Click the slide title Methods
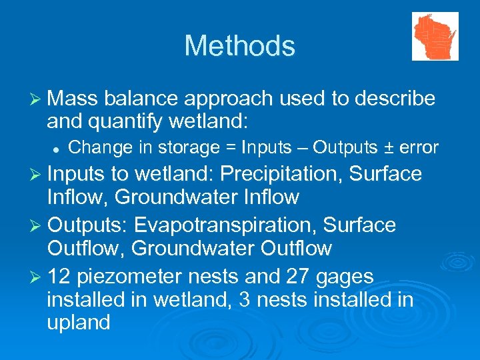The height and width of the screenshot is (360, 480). point(239,46)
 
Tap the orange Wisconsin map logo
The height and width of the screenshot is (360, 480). point(435,36)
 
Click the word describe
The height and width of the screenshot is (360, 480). point(395,99)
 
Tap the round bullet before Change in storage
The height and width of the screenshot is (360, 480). point(59,148)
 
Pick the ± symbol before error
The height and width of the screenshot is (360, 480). point(386,147)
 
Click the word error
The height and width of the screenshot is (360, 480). point(419,147)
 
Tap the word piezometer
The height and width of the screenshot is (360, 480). point(134,277)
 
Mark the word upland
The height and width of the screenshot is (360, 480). point(79,323)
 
